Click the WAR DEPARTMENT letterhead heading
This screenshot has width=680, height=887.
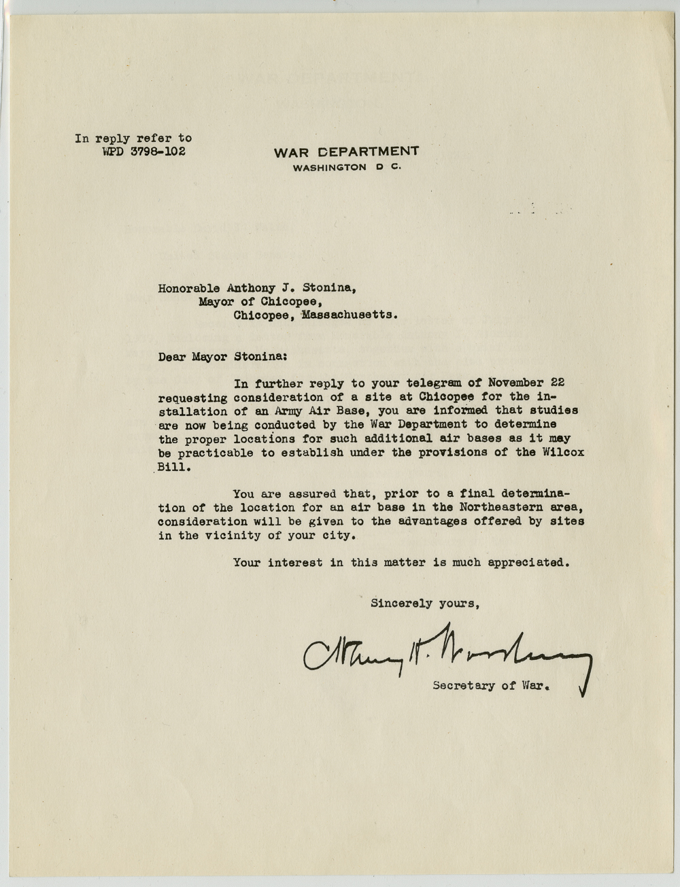coord(346,152)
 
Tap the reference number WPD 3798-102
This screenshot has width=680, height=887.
coord(143,151)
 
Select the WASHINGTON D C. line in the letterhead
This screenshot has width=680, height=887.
coord(347,167)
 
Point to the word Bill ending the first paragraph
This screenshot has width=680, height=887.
coord(170,467)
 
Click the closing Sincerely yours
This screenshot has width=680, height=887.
coord(426,602)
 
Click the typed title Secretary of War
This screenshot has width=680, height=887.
coord(490,685)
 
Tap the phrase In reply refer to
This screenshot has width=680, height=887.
coord(133,138)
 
